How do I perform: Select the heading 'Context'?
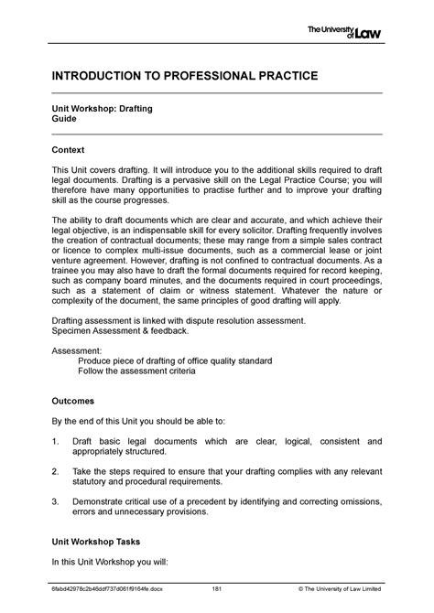click(68, 149)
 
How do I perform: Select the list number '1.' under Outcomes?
click(57, 442)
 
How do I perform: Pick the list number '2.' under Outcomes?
click(57, 471)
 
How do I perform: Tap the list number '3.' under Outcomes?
click(57, 500)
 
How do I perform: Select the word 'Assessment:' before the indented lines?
click(77, 350)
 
